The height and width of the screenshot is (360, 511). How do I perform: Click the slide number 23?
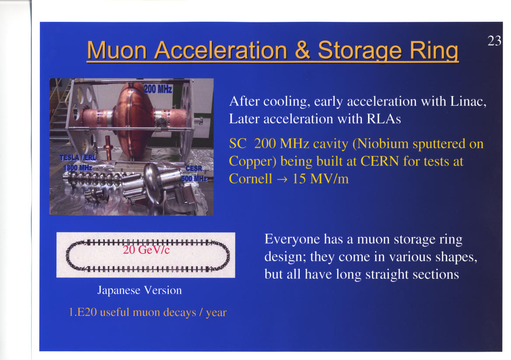coord(494,41)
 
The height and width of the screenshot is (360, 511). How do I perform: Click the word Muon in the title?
coord(117,51)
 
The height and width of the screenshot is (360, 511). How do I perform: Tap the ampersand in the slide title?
coord(302,50)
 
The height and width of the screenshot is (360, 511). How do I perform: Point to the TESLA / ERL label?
coord(78,157)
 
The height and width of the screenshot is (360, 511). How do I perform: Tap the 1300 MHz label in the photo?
coord(78,168)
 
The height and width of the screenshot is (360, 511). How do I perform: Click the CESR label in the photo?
coord(194,169)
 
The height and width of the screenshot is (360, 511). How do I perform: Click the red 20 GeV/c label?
coord(146,250)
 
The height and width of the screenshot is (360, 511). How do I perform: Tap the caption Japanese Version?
coord(139,290)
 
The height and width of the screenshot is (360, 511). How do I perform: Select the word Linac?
coord(468,101)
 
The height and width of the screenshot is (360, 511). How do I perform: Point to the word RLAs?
coord(383,119)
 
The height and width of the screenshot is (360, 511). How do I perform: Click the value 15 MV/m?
coord(320,179)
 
